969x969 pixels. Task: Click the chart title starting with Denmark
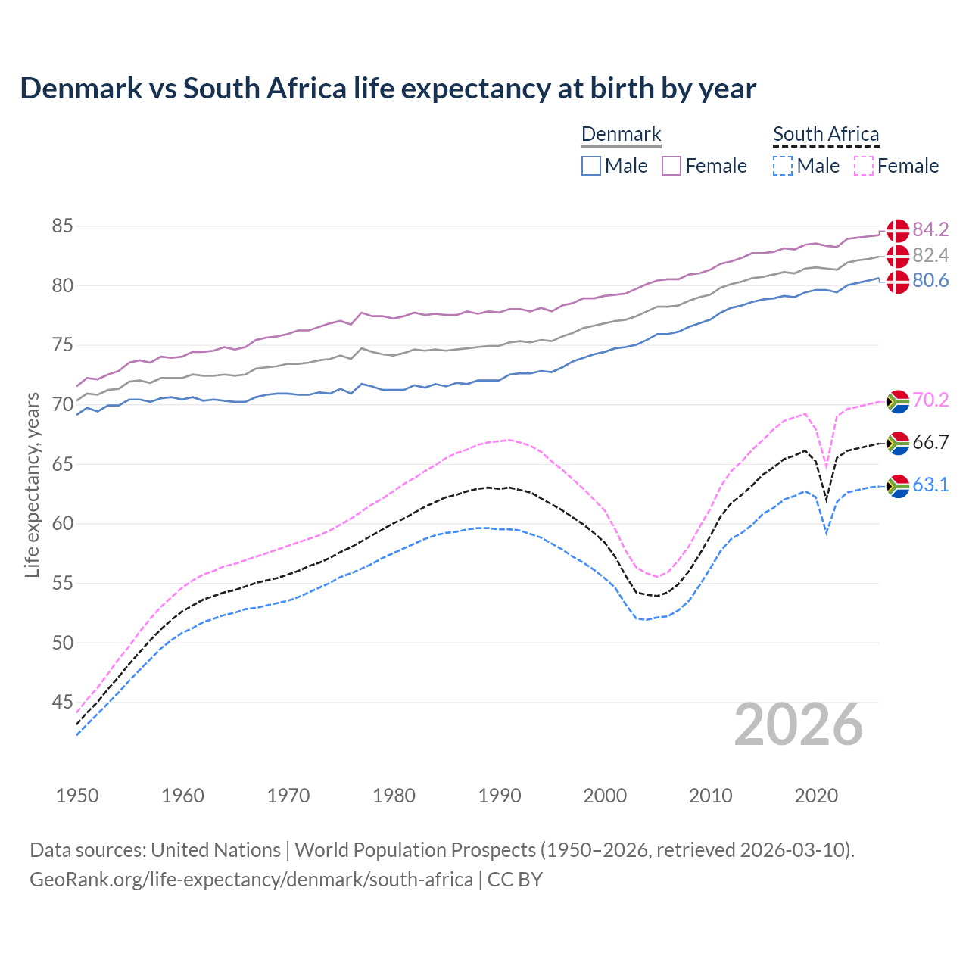coord(388,89)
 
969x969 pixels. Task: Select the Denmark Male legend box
coord(591,166)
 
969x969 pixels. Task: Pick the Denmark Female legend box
coord(671,166)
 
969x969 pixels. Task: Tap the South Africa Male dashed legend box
coord(783,166)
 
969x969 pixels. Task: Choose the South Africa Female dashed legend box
coord(863,166)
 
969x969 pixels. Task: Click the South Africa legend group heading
coord(826,134)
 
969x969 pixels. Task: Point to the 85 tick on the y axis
coord(62,226)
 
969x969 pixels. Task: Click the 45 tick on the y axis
coord(62,703)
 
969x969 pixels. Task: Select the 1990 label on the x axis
coord(500,796)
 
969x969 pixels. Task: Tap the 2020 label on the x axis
coord(816,796)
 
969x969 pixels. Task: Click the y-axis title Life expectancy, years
coord(33,484)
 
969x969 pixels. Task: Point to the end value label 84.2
coord(930,229)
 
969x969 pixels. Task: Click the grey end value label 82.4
coord(930,255)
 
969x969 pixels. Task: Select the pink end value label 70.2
coord(930,400)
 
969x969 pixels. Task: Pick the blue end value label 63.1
coord(930,484)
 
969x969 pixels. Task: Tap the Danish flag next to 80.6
coord(898,282)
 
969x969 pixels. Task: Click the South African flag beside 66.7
coord(898,443)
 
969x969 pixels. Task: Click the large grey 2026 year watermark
coord(799,724)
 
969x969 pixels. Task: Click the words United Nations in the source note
coord(216,850)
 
